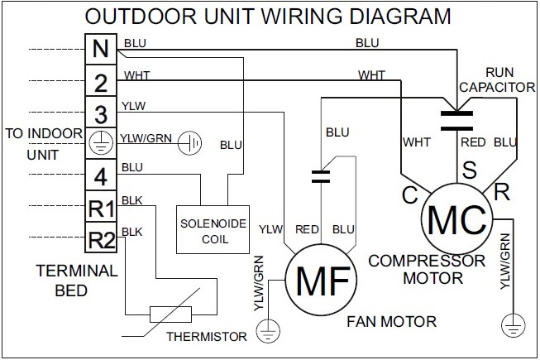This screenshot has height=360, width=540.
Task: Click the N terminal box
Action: (x=100, y=49)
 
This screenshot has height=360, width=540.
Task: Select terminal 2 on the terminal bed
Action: (x=100, y=81)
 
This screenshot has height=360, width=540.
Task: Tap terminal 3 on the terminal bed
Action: (x=100, y=113)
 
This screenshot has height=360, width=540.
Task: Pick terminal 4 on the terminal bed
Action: (x=100, y=175)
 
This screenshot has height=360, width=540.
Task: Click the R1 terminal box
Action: (x=100, y=208)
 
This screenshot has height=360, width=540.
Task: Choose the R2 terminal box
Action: (x=100, y=240)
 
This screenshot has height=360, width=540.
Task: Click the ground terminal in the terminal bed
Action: (x=100, y=142)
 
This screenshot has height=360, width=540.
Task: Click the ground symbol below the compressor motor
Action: (x=512, y=323)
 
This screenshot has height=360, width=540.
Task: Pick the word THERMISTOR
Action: (x=207, y=337)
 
